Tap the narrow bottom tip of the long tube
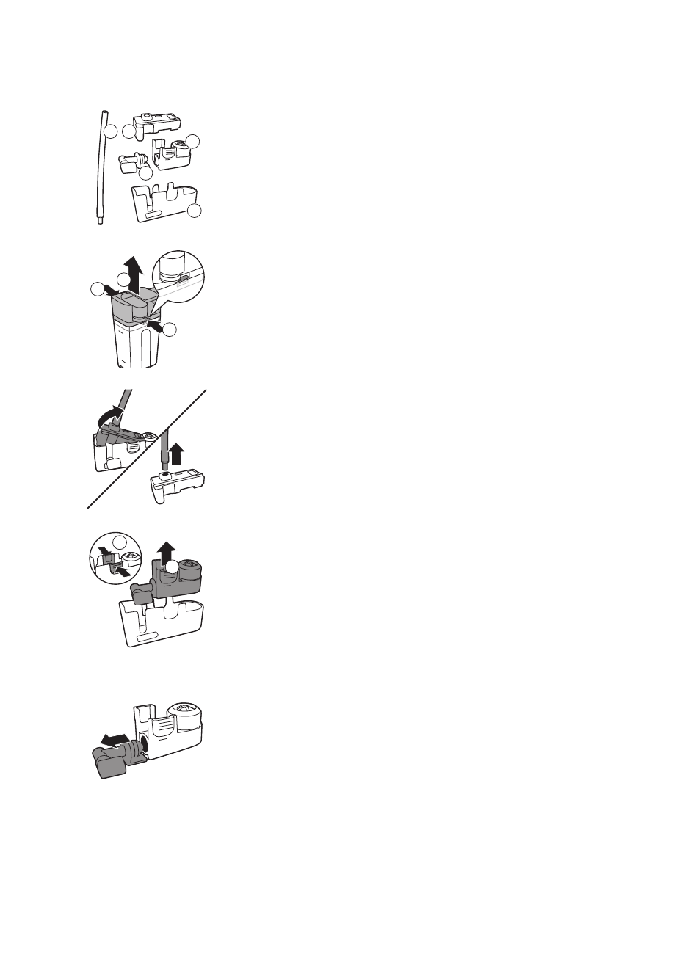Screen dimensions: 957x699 pos(100,220)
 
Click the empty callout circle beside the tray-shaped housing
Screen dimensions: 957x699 pos(194,211)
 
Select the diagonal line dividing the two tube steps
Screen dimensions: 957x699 pos(147,448)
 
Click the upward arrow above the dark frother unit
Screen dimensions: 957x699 pos(167,547)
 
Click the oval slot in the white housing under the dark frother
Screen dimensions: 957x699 pos(149,639)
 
